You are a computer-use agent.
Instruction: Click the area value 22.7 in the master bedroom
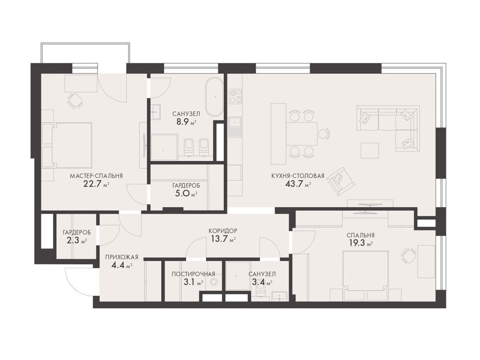point(93,184)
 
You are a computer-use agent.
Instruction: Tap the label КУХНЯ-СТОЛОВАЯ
point(298,176)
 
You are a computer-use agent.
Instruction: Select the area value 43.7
point(295,184)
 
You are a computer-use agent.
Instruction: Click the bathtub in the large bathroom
point(214,97)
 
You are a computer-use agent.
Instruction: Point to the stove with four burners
point(235,97)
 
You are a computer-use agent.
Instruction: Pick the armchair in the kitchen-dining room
point(340,181)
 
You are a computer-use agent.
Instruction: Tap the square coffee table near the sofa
point(370,150)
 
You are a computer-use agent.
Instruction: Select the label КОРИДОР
point(223,231)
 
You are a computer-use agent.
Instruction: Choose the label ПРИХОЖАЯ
point(122,257)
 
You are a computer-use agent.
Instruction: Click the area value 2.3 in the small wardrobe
point(72,240)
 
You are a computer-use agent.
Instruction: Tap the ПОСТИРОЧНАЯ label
point(193,274)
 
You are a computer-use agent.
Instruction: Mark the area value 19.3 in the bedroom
point(357,243)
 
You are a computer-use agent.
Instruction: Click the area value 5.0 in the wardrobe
point(182,193)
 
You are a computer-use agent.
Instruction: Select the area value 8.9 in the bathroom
point(182,122)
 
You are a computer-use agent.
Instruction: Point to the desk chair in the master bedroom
point(75,101)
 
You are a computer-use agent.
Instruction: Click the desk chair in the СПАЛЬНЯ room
point(409,256)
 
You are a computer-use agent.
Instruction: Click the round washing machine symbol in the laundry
point(214,282)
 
